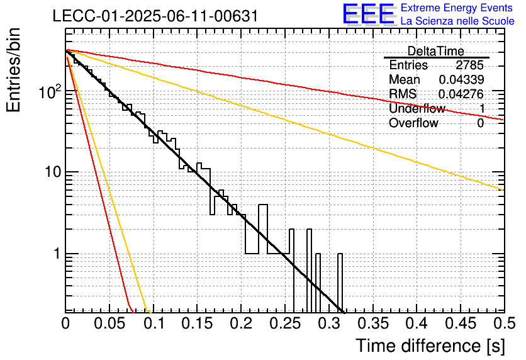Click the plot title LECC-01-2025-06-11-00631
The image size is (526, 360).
click(155, 16)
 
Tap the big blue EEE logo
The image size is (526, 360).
click(369, 14)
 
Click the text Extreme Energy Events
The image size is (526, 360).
click(457, 8)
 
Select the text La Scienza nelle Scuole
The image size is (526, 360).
click(457, 21)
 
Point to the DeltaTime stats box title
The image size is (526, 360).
click(436, 51)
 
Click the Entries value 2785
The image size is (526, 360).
click(469, 65)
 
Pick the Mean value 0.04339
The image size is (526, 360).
click(461, 79)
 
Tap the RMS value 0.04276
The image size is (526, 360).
click(461, 94)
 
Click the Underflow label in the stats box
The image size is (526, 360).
click(417, 108)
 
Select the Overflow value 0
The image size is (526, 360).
click(480, 123)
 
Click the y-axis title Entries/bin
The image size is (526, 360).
click(14, 70)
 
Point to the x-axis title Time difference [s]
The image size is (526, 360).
click(430, 346)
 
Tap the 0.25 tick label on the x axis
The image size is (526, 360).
click(285, 323)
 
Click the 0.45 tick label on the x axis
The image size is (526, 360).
click(461, 323)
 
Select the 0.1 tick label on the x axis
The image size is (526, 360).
click(154, 323)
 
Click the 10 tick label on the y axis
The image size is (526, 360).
click(53, 172)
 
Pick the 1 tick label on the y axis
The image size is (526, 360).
click(57, 254)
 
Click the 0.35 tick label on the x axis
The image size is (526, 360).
click(373, 323)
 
